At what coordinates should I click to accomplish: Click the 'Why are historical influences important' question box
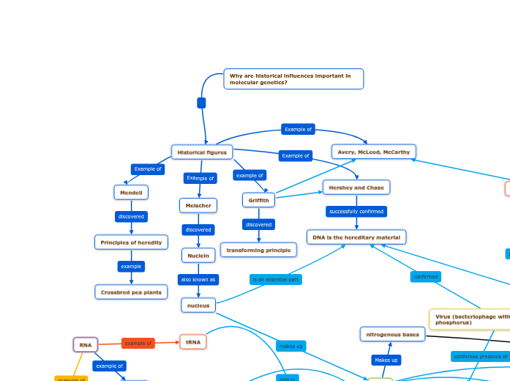(293, 79)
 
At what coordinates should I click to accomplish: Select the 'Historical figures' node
(202, 152)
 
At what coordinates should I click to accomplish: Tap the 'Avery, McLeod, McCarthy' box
(374, 152)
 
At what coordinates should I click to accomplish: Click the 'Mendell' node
(131, 192)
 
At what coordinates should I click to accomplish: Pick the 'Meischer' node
(198, 206)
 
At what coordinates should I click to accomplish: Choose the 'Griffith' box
(258, 200)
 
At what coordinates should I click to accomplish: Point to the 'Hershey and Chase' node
(356, 188)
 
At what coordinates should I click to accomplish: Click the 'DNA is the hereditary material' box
(356, 237)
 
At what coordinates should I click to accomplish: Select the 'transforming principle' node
(258, 250)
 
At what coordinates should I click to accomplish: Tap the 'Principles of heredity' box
(132, 243)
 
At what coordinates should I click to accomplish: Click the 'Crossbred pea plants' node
(131, 292)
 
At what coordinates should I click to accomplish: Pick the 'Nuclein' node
(198, 256)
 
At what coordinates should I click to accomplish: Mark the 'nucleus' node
(198, 306)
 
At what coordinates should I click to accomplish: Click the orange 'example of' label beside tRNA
(138, 343)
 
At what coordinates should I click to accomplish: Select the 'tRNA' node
(193, 342)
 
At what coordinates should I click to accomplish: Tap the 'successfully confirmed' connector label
(356, 212)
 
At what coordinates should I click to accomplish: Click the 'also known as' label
(198, 279)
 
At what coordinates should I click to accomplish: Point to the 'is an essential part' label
(275, 279)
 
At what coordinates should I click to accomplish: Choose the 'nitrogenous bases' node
(392, 335)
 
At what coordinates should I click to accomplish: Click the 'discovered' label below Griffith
(258, 225)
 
